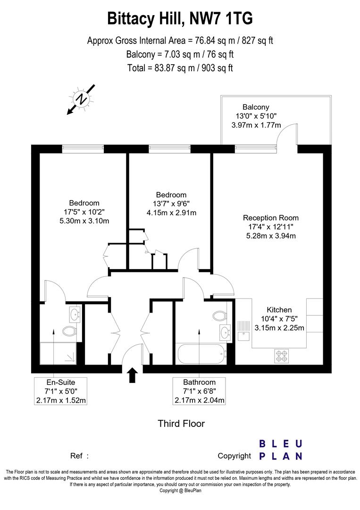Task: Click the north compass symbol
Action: pyautogui.click(x=82, y=99)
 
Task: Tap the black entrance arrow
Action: pyautogui.click(x=132, y=375)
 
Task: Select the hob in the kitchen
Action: pyautogui.click(x=282, y=356)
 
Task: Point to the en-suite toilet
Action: pyautogui.click(x=69, y=331)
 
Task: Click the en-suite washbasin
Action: pyautogui.click(x=74, y=313)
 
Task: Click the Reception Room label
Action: pyautogui.click(x=271, y=218)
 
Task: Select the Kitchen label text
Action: pyautogui.click(x=280, y=310)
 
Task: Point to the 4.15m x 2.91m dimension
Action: pyautogui.click(x=171, y=212)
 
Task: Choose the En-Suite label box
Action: pyautogui.click(x=61, y=391)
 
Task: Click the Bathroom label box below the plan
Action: pyautogui.click(x=200, y=391)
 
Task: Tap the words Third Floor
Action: pyautogui.click(x=181, y=424)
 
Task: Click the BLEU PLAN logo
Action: pyautogui.click(x=281, y=450)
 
